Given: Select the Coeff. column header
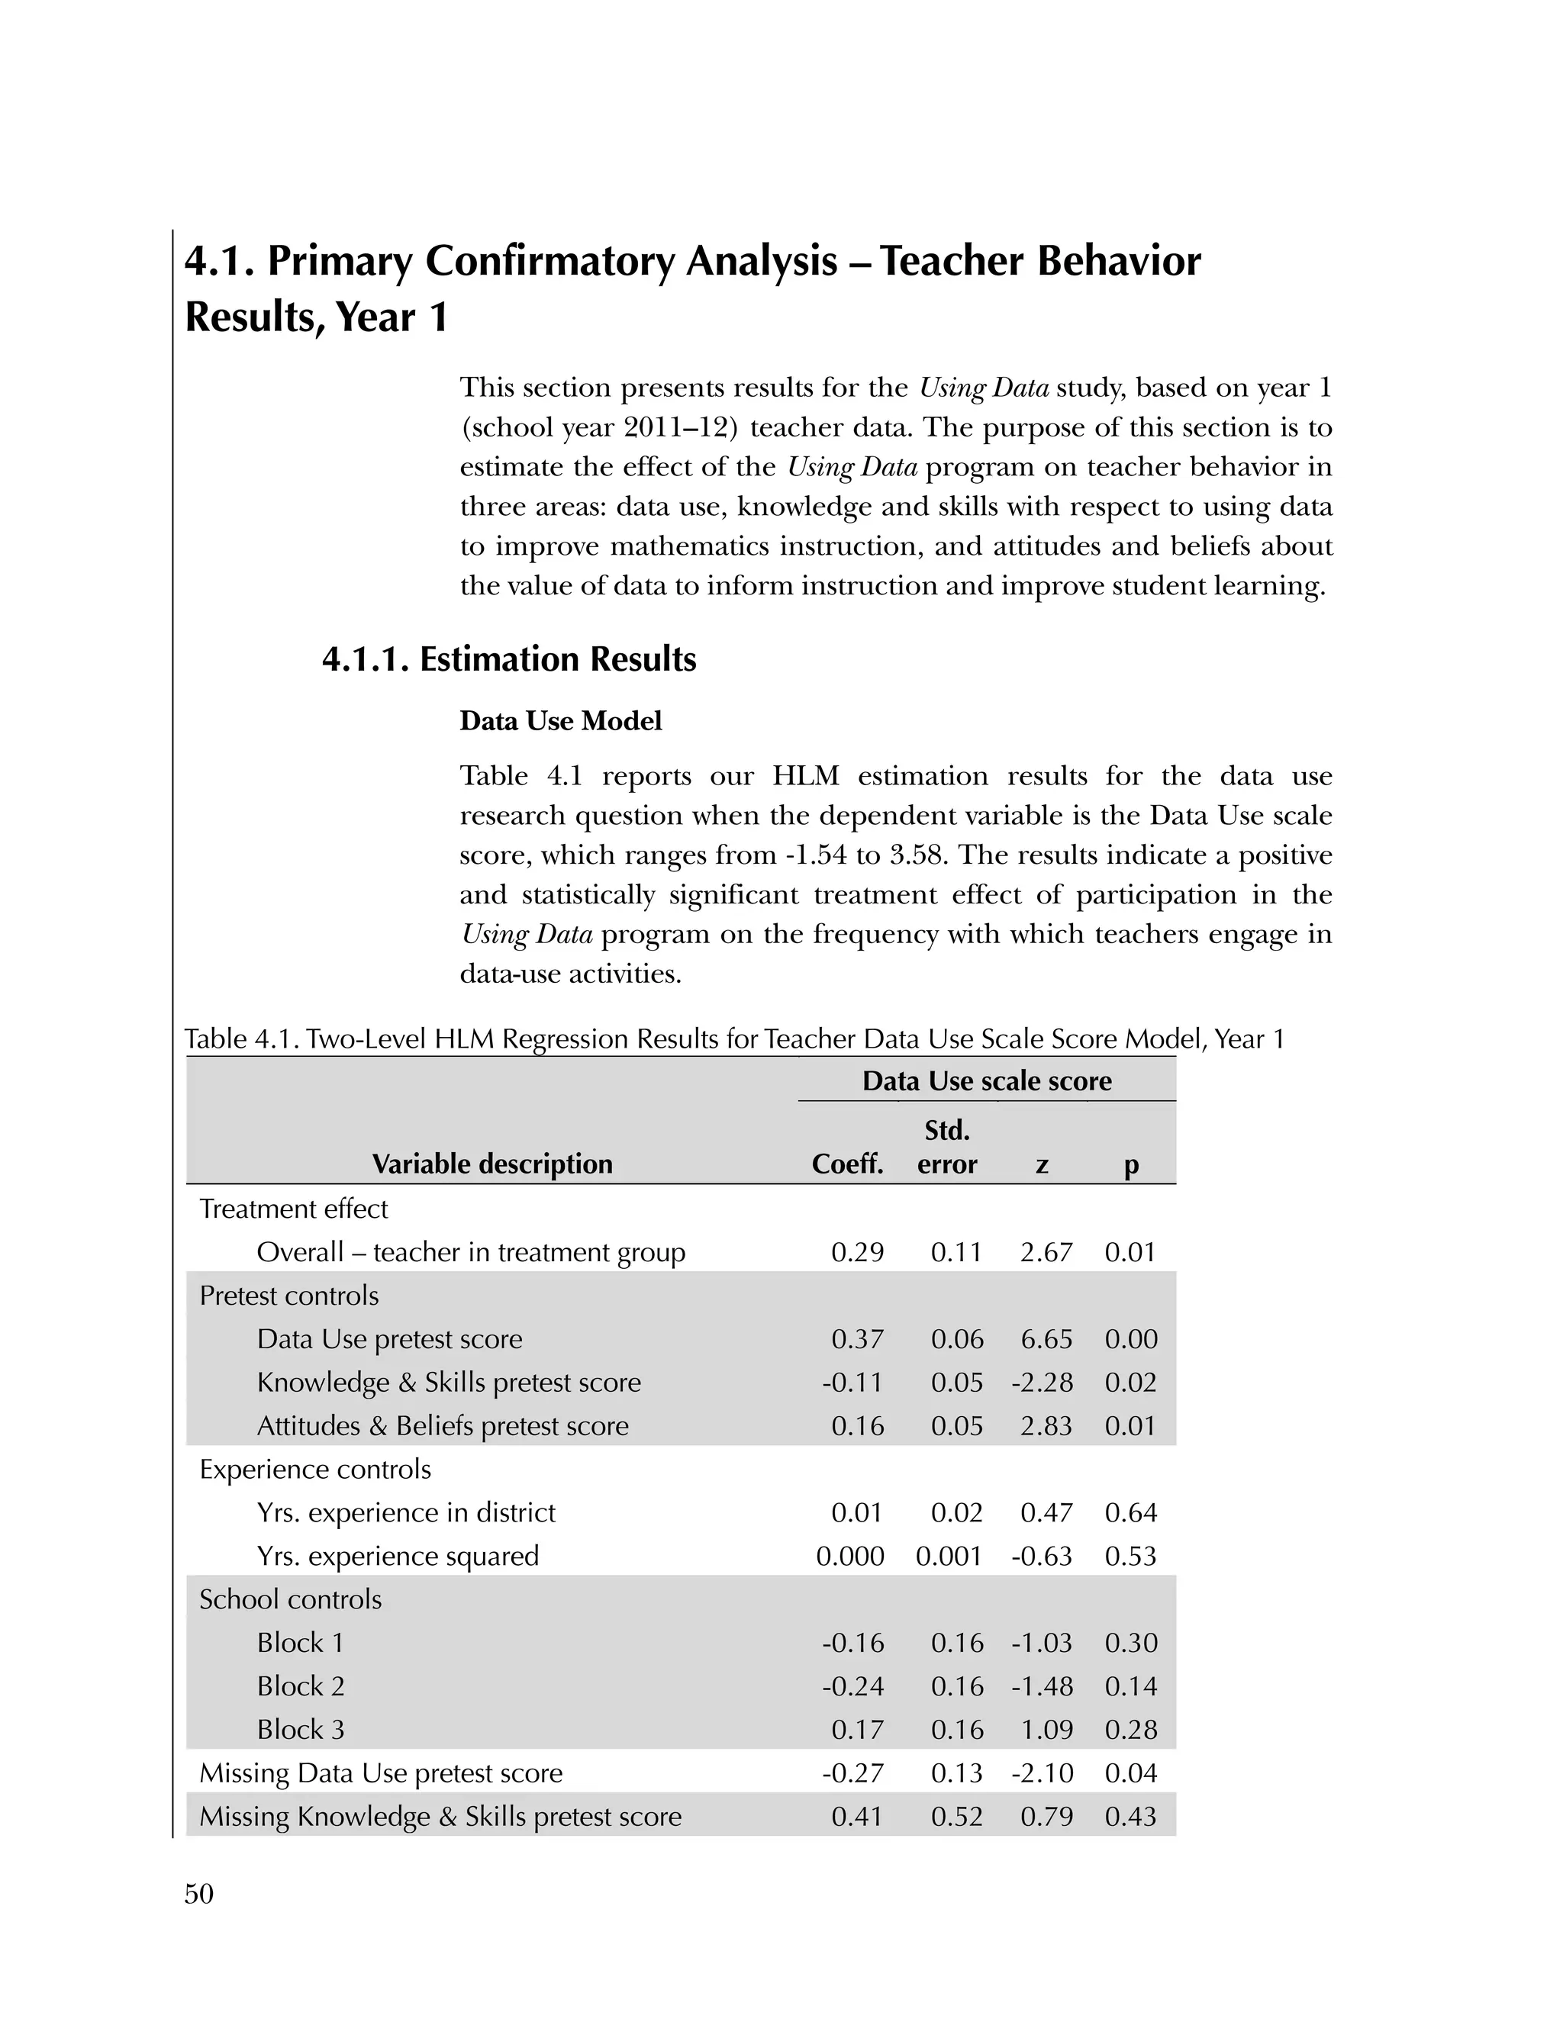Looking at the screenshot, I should pos(847,1164).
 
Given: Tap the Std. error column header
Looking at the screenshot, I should pos(946,1147).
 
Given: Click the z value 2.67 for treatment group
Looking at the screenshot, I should pos(1046,1253).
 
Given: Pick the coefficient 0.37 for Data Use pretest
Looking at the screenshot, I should pos(857,1339).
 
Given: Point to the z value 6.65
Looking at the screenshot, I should pos(1046,1339).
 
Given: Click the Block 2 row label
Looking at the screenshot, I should pos(300,1686).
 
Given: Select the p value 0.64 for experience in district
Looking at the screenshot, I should pos(1130,1513).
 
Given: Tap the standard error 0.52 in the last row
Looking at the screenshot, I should pos(956,1817).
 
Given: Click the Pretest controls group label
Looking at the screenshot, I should pos(289,1296).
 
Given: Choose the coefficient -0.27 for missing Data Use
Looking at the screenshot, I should pos(852,1773).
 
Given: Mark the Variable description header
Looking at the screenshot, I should pos(491,1164).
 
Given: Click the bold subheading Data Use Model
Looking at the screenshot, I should pos(560,721).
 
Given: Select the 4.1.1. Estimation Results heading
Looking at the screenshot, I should pos(508,659).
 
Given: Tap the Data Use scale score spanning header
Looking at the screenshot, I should pos(986,1080).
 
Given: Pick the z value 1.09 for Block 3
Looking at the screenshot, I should pos(1046,1730).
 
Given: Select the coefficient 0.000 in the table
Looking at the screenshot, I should pos(850,1557).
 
